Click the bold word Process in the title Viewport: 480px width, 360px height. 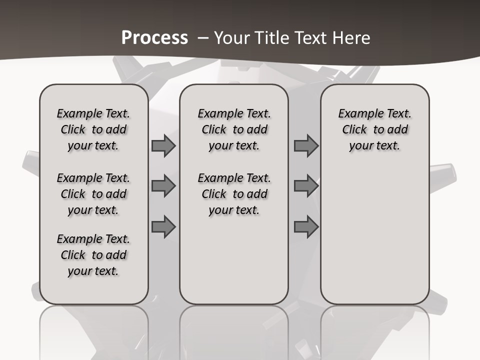pos(154,38)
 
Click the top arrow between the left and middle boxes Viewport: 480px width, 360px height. pos(163,146)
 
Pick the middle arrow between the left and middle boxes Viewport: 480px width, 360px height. pos(163,186)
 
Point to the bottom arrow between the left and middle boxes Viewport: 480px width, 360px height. pos(163,226)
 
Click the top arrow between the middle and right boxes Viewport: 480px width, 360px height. pos(306,146)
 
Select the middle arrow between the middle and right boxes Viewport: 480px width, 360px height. pos(306,186)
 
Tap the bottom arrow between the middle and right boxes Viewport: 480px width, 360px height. pos(306,226)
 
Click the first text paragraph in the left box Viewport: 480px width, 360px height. pos(93,129)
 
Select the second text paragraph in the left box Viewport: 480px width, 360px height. pos(93,194)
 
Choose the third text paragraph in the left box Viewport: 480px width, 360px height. pos(93,255)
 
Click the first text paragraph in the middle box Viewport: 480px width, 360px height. pos(234,129)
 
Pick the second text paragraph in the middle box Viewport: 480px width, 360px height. pos(234,194)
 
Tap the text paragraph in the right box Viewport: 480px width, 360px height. pos(374,129)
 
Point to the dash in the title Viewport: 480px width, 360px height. pos(203,38)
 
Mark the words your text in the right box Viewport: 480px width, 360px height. pos(374,146)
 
